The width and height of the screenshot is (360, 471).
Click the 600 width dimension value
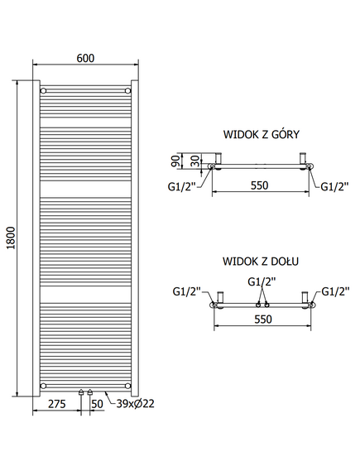pos(85,58)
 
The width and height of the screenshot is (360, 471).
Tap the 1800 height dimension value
pos(11,238)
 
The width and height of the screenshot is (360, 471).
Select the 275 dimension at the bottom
pos(57,404)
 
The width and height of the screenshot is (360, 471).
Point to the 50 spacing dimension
pos(98,404)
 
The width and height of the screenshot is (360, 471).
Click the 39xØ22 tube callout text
pos(136,403)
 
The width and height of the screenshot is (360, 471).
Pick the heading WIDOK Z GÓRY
pos(262,134)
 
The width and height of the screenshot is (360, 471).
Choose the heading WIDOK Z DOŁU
pos(261,262)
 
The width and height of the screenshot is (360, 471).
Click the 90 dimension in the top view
pos(177,161)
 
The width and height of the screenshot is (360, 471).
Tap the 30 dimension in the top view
pos(195,161)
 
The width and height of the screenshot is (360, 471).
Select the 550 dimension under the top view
pos(259,185)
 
